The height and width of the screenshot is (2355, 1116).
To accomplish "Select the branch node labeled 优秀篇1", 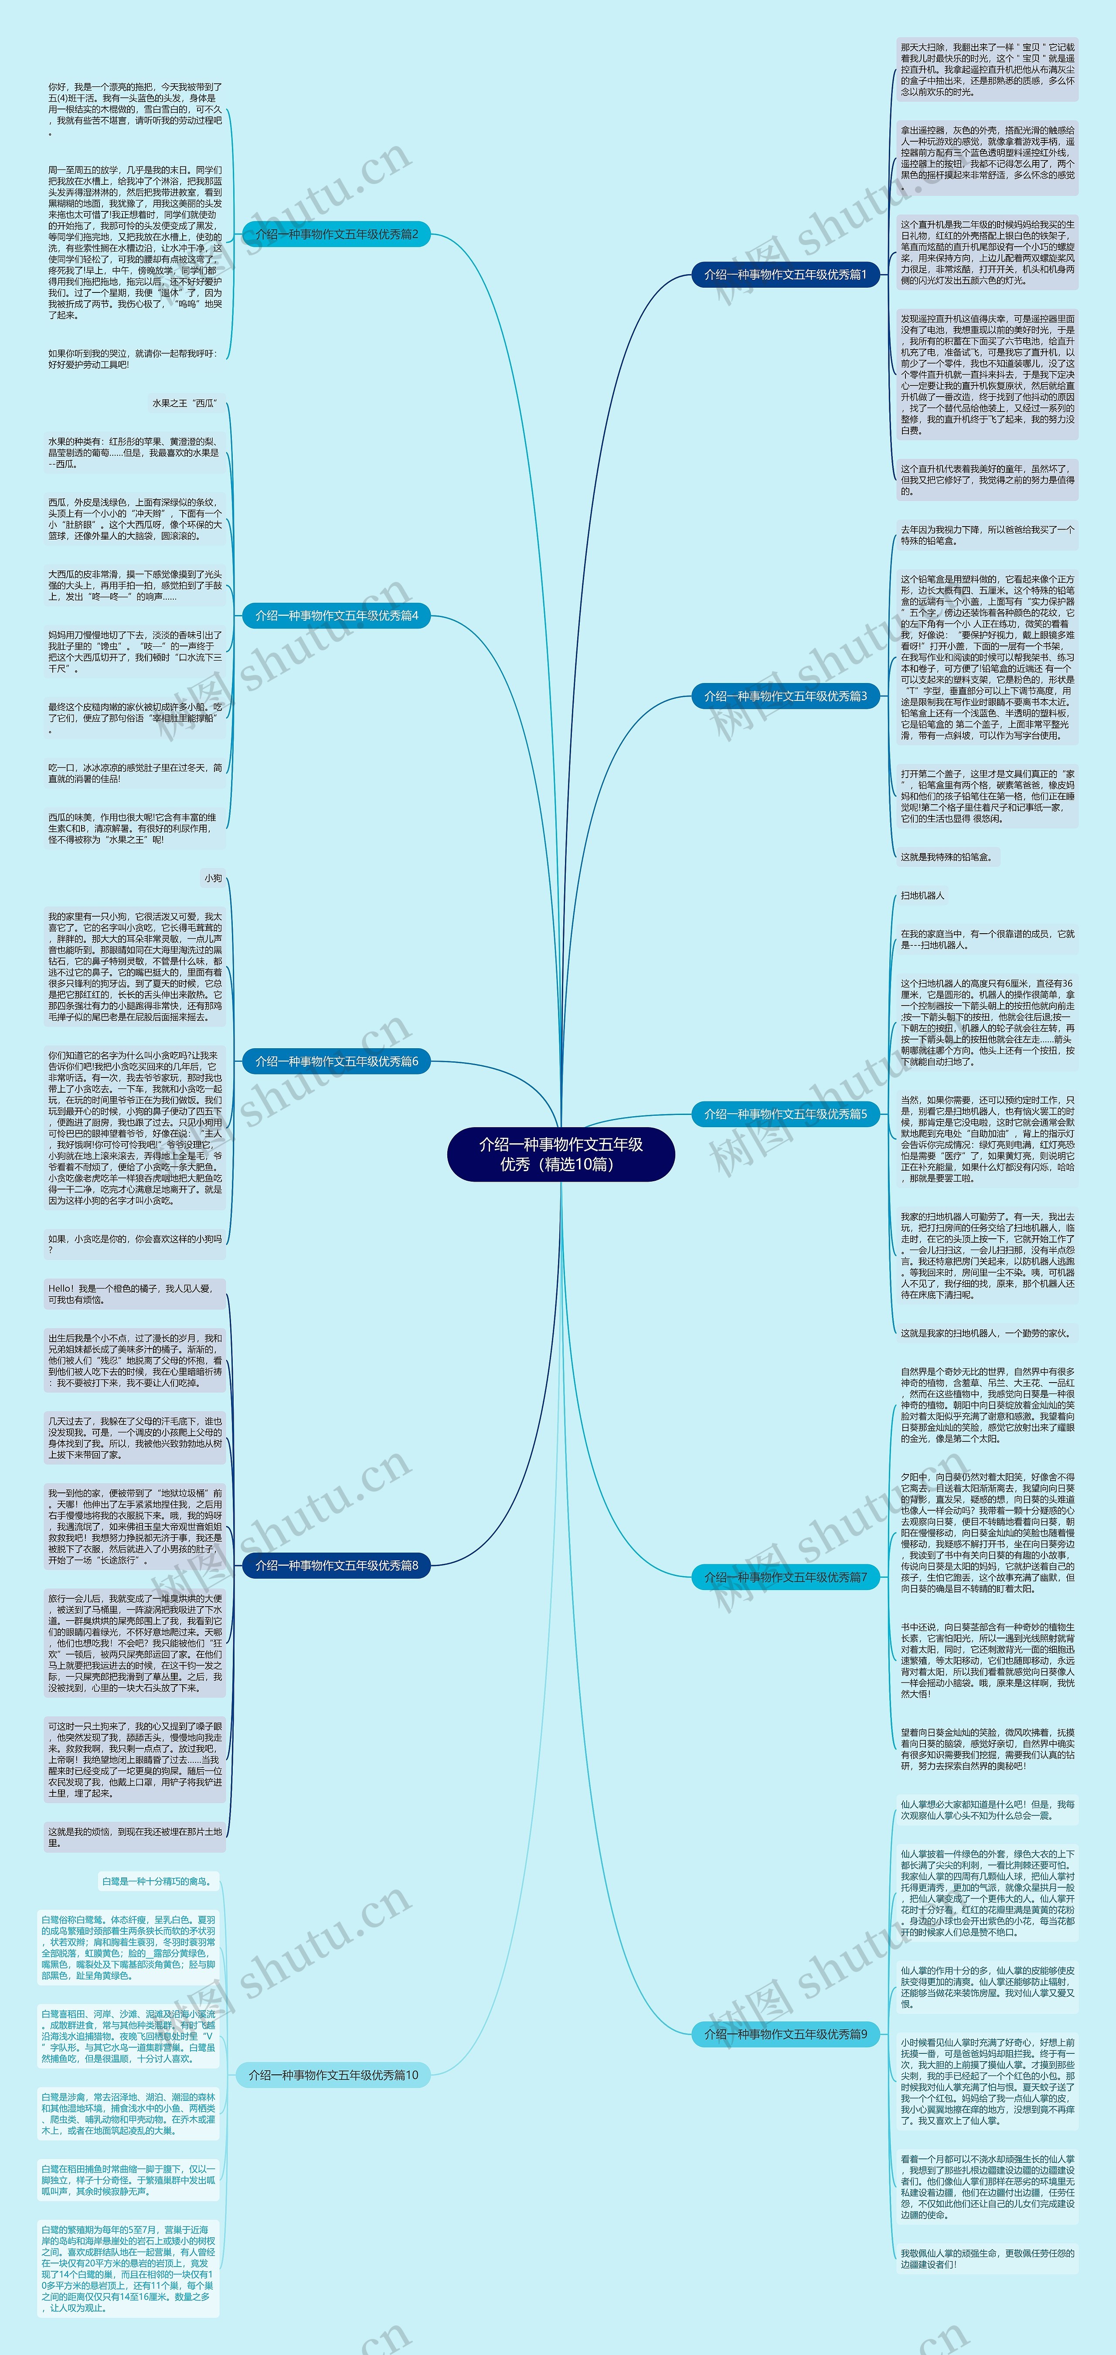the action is coord(784,274).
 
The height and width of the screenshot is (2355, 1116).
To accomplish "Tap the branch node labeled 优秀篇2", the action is coord(337,234).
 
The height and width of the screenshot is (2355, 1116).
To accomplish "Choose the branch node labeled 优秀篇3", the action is coord(784,696).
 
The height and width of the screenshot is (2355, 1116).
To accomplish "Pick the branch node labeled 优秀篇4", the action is coord(337,615).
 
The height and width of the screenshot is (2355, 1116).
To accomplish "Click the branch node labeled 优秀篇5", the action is coord(784,1114).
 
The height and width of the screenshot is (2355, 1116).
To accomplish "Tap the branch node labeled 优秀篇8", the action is coord(337,1565).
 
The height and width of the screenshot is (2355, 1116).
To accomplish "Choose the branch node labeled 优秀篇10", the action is coord(333,2075).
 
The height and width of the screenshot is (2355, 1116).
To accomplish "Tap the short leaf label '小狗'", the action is coord(213,878).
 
